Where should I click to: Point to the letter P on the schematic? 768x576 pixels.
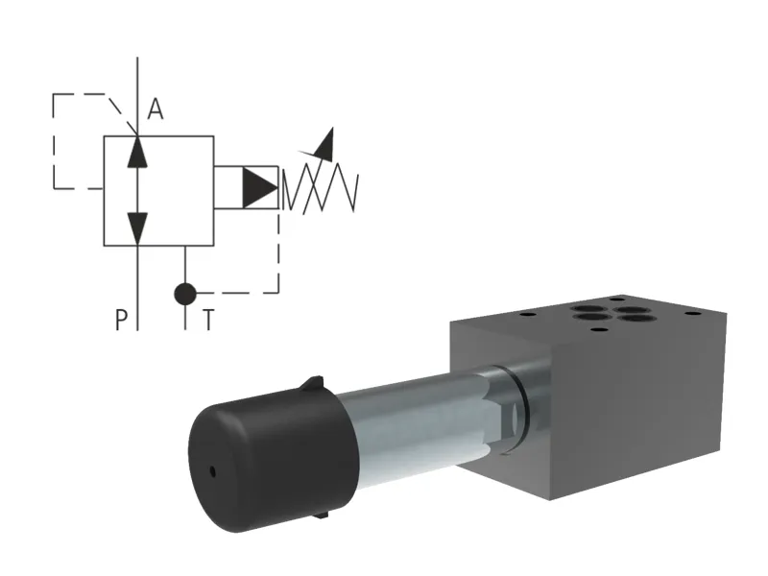tap(121, 320)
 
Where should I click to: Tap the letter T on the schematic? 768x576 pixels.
tap(207, 320)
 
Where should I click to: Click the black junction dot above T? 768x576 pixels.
tap(185, 293)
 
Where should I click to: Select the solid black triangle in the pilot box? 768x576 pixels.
tap(258, 188)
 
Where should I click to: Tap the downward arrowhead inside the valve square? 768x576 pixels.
tap(138, 227)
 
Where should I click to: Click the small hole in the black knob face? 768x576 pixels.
tap(212, 471)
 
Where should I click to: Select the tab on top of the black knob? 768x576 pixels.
tap(311, 385)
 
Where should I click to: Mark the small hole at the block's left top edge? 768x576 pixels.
tap(525, 311)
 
